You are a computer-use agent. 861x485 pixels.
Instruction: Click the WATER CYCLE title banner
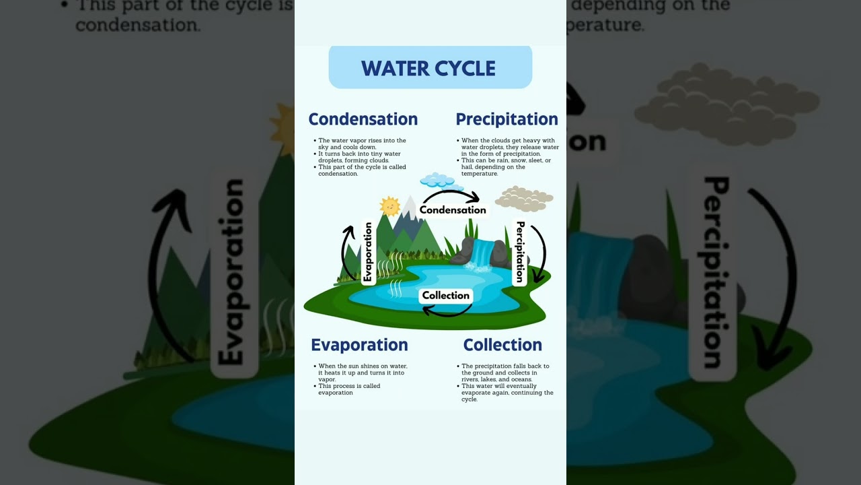click(429, 68)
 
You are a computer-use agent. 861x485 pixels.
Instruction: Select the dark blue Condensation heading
click(363, 119)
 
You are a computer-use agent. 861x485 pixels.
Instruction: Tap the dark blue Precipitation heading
click(507, 119)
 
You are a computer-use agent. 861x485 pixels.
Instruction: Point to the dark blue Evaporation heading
click(359, 345)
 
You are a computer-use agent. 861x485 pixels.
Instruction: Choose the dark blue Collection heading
click(502, 345)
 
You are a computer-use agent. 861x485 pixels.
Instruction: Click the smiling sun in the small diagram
click(389, 205)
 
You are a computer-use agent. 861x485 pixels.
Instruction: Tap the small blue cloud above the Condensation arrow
click(438, 180)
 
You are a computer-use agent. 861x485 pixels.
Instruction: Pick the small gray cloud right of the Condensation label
click(524, 199)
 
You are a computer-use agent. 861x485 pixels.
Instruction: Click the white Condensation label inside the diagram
click(453, 210)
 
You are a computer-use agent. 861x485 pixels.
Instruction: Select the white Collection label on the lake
click(445, 296)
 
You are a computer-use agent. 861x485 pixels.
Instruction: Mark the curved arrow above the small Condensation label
click(451, 195)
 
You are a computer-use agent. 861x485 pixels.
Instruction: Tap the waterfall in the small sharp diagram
click(482, 255)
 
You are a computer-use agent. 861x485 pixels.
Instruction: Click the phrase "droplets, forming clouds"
click(354, 160)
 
